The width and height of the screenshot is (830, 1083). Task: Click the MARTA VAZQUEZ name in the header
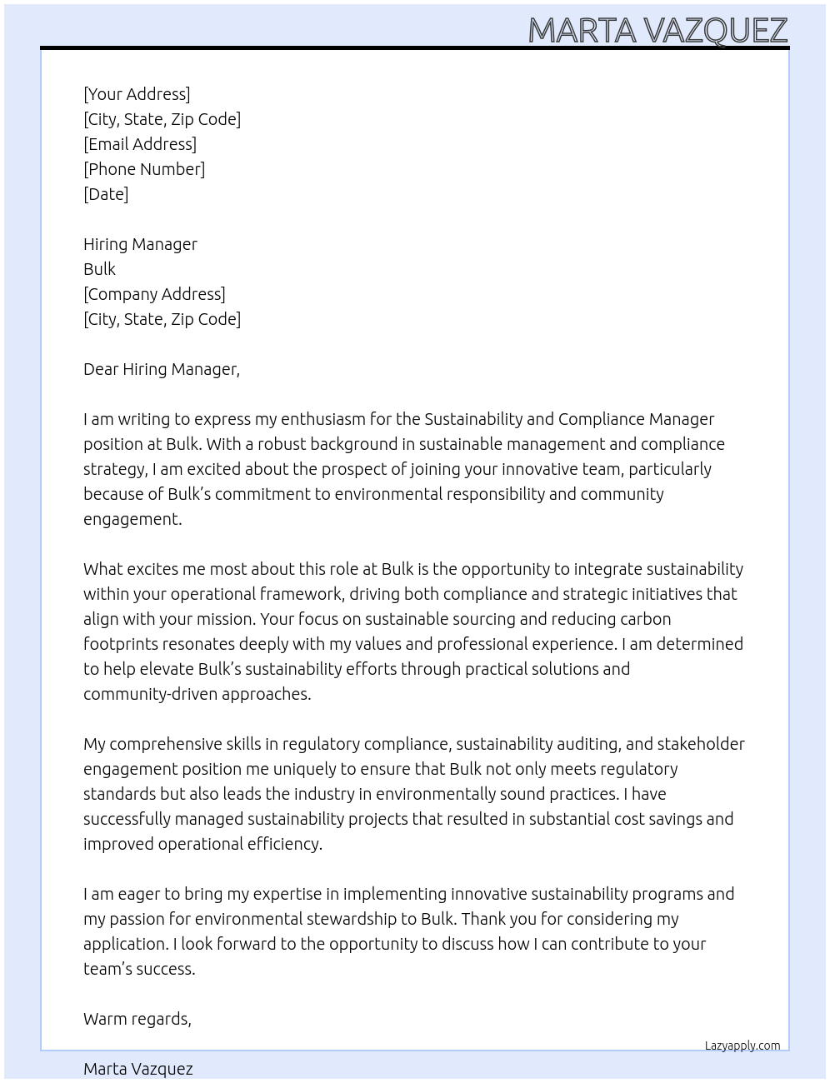click(x=657, y=31)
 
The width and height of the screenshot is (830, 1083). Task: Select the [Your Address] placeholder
click(x=137, y=94)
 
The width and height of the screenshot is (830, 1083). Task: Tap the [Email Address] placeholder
click(x=140, y=144)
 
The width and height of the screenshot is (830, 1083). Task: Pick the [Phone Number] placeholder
click(x=144, y=169)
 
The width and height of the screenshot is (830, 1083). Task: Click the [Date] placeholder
click(x=106, y=194)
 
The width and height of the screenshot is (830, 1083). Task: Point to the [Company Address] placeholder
click(x=154, y=294)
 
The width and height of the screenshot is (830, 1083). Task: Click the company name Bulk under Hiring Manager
click(x=99, y=269)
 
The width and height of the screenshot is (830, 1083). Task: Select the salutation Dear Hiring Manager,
click(x=162, y=369)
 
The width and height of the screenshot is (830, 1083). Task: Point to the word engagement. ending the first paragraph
click(x=132, y=519)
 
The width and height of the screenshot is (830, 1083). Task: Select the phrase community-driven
click(x=150, y=694)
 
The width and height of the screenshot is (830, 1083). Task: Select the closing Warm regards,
click(x=137, y=1019)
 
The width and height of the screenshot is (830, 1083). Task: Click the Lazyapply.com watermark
click(x=742, y=1046)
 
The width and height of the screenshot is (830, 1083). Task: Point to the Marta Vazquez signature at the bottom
click(x=138, y=1069)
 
